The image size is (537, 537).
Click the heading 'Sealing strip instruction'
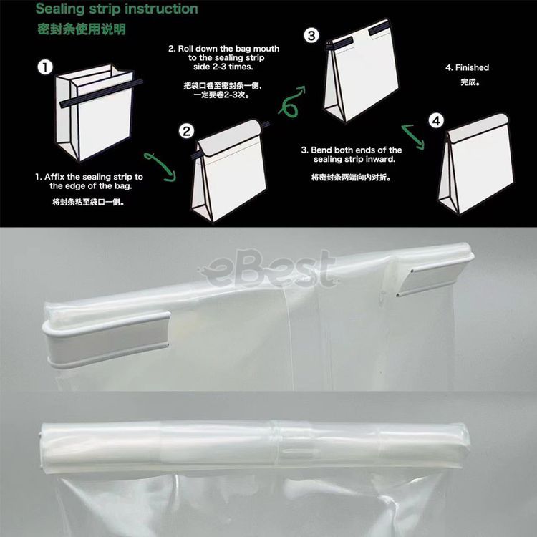click(x=117, y=9)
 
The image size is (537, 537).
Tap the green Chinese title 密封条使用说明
click(x=82, y=29)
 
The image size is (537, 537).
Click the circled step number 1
click(x=45, y=67)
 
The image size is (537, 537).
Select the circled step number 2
click(x=187, y=131)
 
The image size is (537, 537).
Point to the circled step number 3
click(x=311, y=36)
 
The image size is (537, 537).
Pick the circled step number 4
click(x=436, y=120)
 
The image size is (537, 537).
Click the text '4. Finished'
click(x=467, y=68)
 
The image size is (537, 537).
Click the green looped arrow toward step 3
click(x=291, y=102)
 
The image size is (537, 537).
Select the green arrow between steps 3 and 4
click(x=413, y=136)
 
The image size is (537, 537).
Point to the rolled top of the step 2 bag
click(x=229, y=137)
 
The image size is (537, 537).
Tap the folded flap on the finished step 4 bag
click(x=478, y=128)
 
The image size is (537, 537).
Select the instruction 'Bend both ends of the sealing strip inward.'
click(x=352, y=155)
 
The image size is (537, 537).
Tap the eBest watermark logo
click(x=267, y=268)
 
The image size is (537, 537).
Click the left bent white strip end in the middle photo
click(x=107, y=339)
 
